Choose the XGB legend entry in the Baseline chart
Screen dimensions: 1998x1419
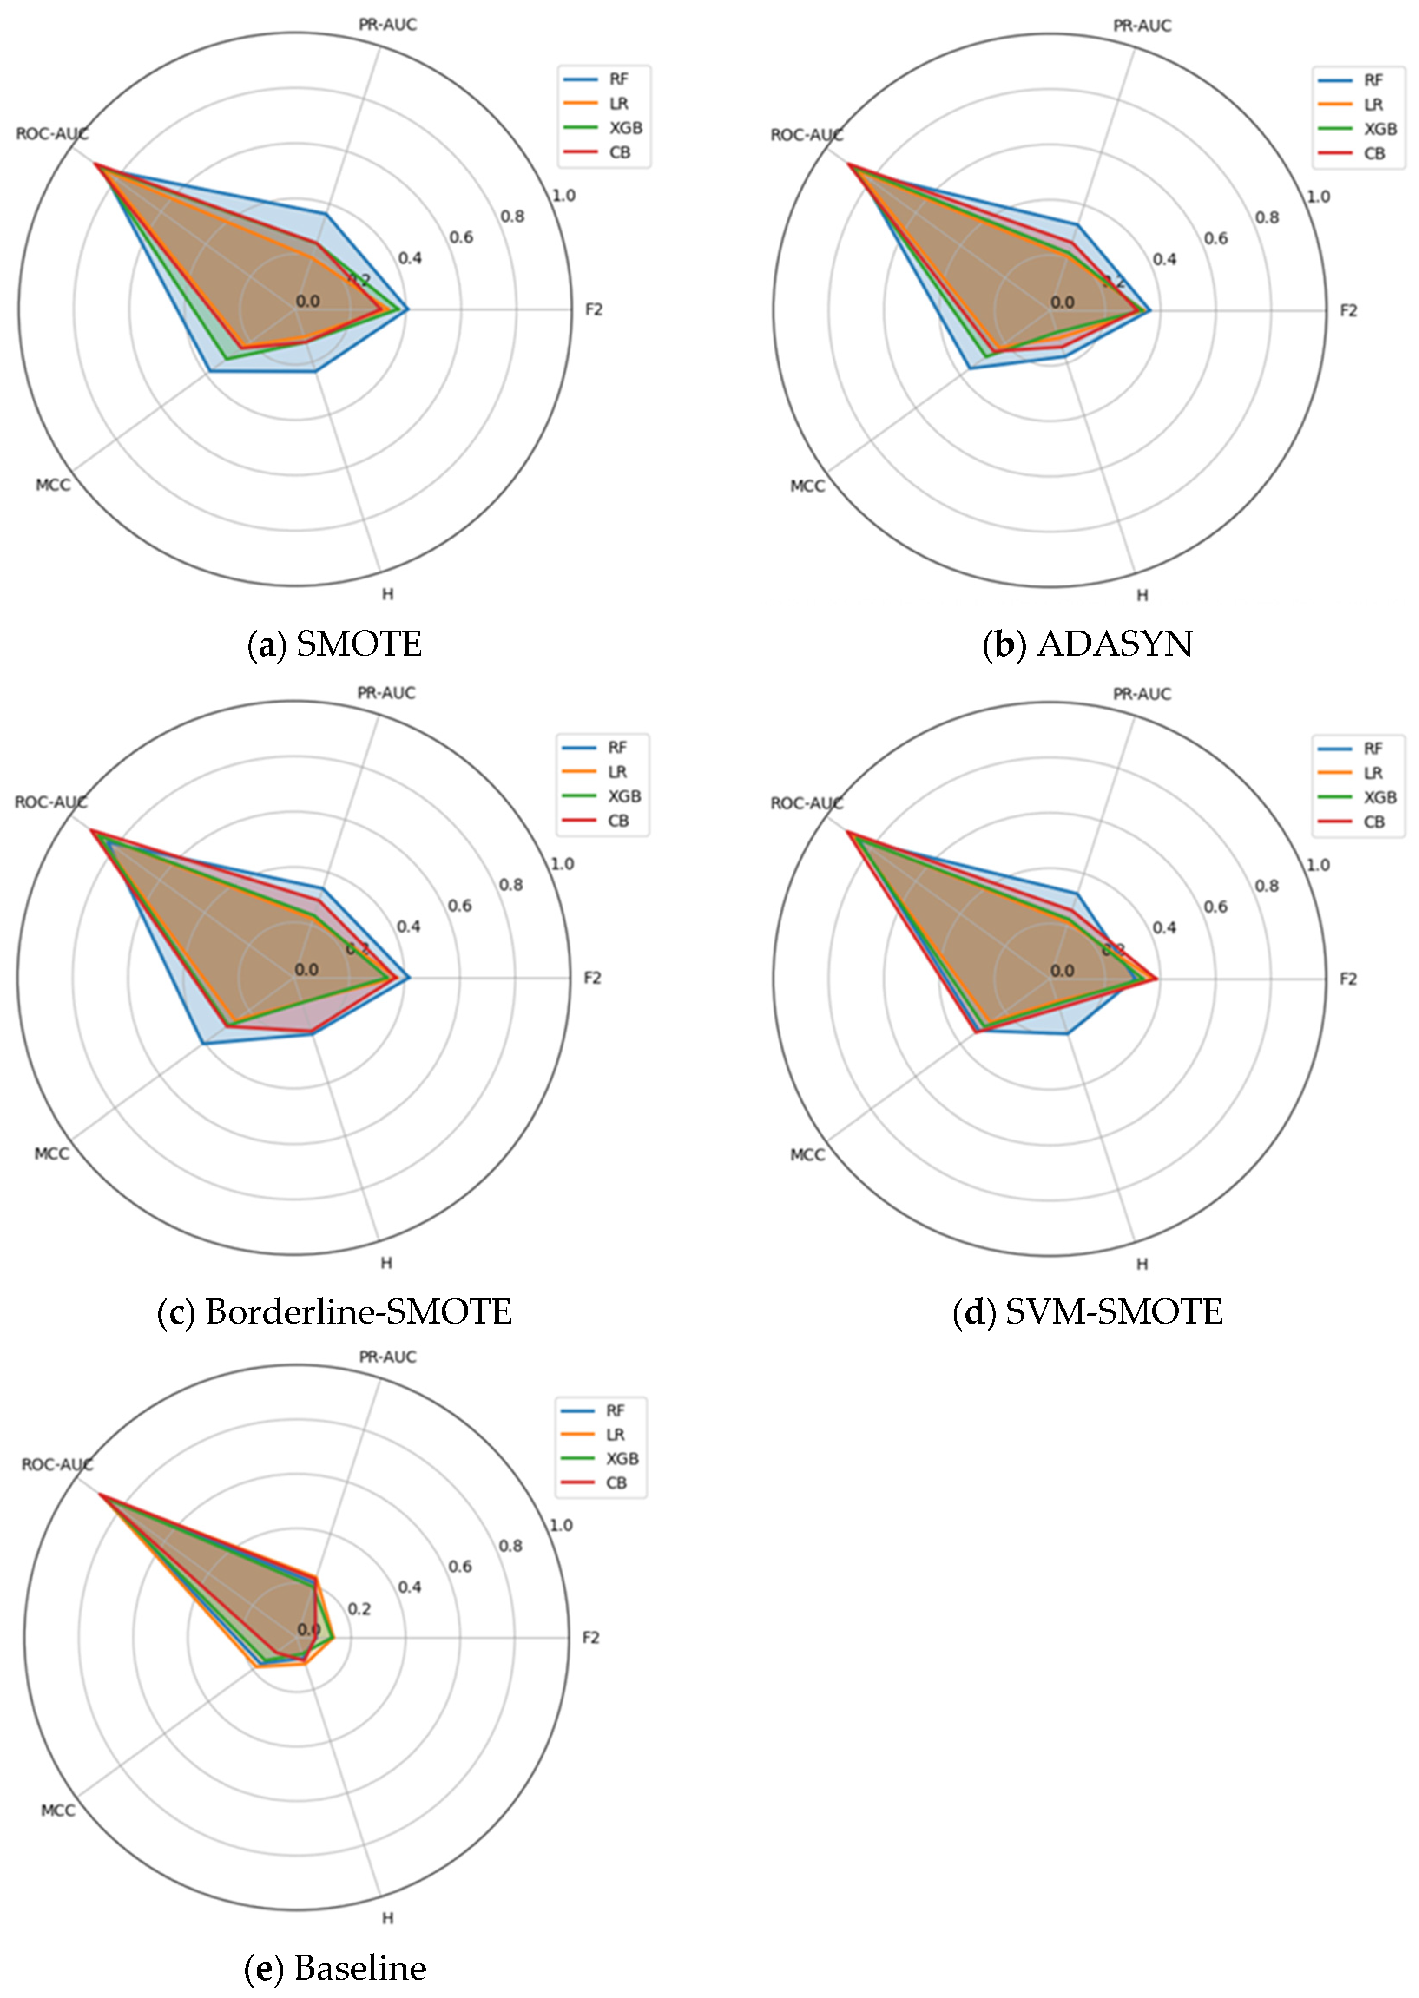[622, 1459]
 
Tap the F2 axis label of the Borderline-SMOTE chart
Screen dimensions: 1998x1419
[593, 978]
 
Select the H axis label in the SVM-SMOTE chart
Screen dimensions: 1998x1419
[1142, 1264]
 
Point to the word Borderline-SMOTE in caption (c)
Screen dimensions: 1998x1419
[358, 1312]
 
